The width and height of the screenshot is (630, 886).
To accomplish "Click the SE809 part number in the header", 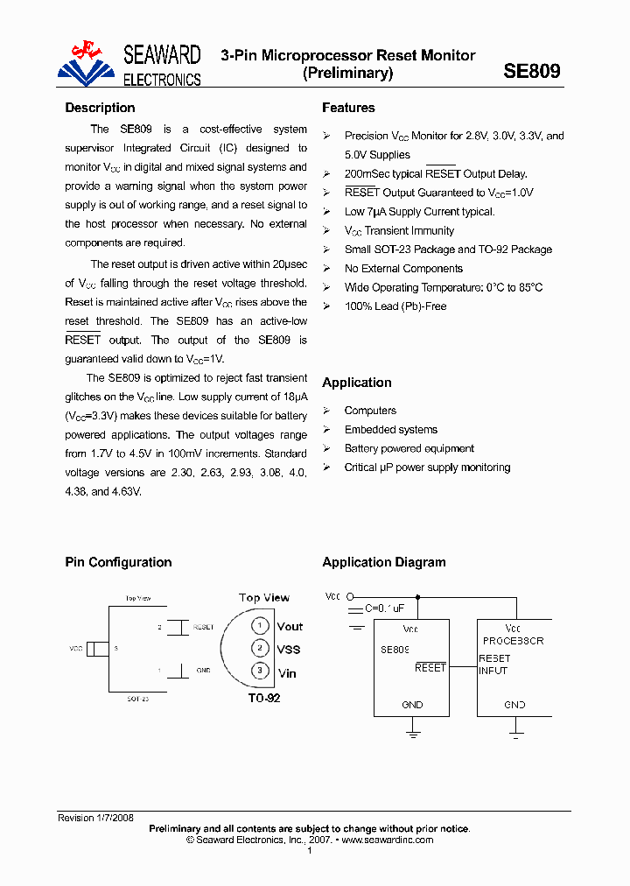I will tap(531, 72).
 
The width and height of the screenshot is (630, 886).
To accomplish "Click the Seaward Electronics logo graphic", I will tap(87, 65).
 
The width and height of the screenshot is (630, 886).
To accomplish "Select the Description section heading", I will tap(100, 108).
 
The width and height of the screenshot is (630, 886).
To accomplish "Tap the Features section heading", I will tap(348, 108).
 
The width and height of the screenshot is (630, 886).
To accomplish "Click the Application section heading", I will tap(356, 383).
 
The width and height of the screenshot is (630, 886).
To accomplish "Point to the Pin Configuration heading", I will tap(118, 562).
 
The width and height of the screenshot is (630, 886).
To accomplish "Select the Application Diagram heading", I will tap(383, 562).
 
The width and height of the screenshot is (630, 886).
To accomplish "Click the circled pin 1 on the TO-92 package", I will tap(260, 625).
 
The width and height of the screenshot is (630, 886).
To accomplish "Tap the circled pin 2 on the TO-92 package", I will tap(260, 648).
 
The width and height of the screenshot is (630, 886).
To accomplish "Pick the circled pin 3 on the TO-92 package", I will tap(260, 671).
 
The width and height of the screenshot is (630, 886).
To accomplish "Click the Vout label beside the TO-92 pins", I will tap(290, 626).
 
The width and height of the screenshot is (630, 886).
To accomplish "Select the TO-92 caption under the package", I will tap(263, 698).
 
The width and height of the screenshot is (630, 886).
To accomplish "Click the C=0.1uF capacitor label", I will tap(385, 608).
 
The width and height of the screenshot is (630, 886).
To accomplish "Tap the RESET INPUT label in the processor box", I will tap(494, 664).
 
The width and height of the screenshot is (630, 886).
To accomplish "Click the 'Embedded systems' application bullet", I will tap(390, 430).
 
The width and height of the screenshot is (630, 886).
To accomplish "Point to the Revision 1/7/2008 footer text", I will tap(95, 818).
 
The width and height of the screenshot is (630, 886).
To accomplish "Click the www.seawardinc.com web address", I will tap(387, 840).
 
